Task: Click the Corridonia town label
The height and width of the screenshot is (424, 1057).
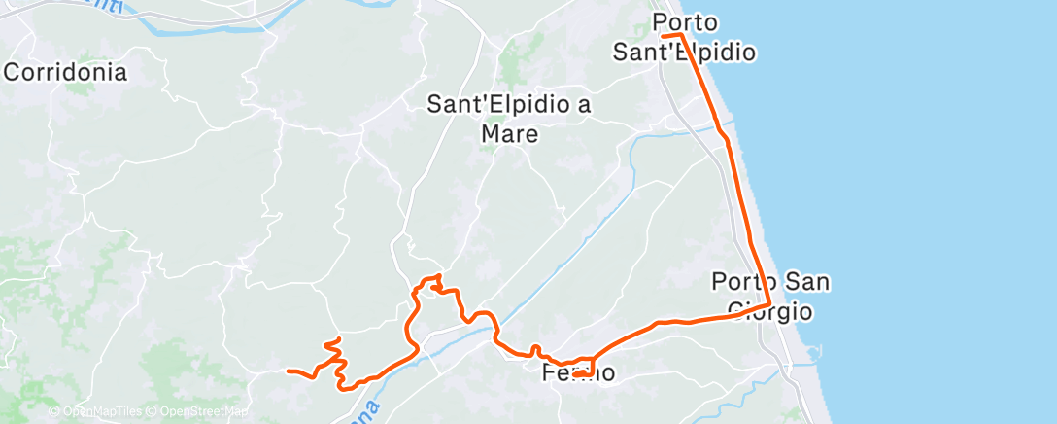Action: pyautogui.click(x=66, y=72)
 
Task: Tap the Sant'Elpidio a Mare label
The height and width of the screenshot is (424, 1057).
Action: pyautogui.click(x=510, y=119)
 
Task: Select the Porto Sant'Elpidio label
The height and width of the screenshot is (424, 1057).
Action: pyautogui.click(x=684, y=37)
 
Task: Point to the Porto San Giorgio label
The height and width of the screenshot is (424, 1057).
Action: pyautogui.click(x=770, y=297)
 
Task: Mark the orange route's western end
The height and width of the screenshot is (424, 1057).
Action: pyautogui.click(x=289, y=371)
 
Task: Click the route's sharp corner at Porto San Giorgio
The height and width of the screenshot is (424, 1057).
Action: pyautogui.click(x=770, y=305)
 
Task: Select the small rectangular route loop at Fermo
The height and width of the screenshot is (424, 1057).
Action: pyautogui.click(x=583, y=368)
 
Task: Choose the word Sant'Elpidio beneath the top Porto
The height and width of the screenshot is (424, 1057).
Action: pyautogui.click(x=684, y=53)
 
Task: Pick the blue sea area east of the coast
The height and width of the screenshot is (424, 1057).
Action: pyautogui.click(x=923, y=194)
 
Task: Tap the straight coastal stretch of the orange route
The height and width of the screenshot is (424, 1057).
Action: pyautogui.click(x=748, y=214)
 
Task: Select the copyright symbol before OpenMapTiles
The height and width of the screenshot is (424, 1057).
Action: pyautogui.click(x=53, y=411)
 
